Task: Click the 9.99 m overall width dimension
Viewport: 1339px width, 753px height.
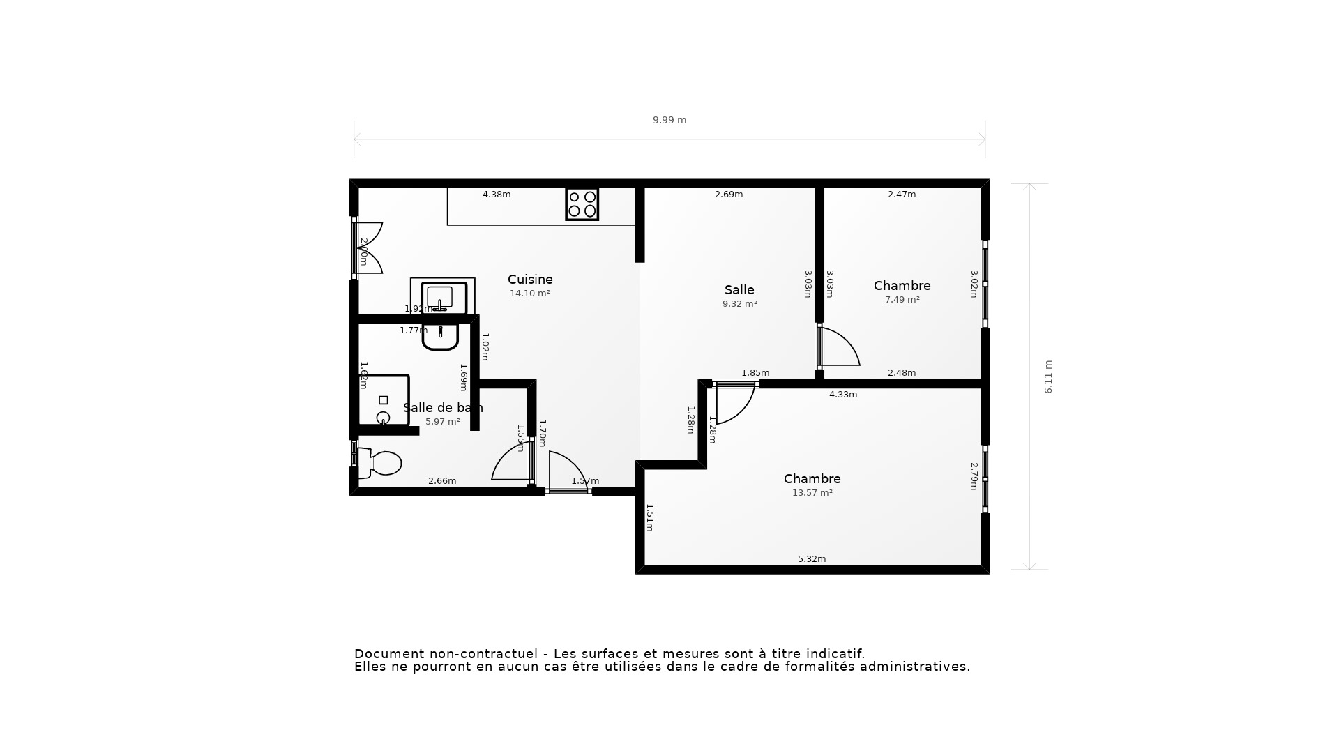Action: (669, 120)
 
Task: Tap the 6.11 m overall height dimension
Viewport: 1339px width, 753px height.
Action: (1048, 377)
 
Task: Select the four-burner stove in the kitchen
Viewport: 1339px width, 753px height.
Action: (582, 204)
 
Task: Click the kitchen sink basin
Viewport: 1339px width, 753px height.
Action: (441, 297)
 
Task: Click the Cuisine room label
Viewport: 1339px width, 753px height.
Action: (530, 280)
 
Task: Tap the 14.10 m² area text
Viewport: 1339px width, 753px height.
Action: (530, 294)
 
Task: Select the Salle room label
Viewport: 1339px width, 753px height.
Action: (739, 290)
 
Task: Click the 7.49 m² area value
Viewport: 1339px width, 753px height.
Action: (902, 300)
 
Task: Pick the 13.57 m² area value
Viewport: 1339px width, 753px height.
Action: (812, 493)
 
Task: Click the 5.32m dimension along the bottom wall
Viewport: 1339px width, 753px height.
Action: (812, 559)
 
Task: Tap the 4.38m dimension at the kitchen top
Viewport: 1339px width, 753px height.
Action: (497, 195)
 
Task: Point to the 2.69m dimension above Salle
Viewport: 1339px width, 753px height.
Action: (729, 195)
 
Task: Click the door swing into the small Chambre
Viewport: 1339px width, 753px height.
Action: (840, 347)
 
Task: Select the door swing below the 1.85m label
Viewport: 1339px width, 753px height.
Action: (734, 404)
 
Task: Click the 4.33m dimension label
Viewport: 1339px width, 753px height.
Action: (843, 395)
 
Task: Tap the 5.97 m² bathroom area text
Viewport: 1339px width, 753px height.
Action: (443, 422)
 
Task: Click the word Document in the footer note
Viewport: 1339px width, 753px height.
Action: (389, 654)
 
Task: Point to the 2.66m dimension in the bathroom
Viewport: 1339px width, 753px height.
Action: (442, 481)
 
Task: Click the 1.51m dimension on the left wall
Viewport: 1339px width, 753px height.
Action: (649, 517)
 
